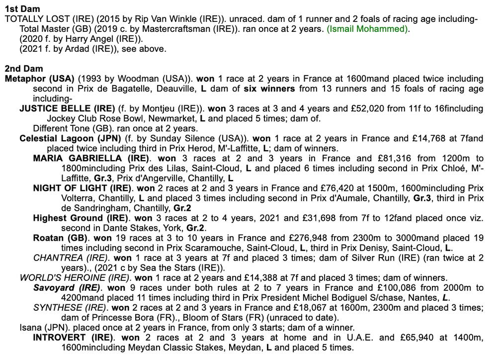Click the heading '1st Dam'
tap(22, 9)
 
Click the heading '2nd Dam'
tap(24, 69)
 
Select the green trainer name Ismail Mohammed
tap(367, 29)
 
